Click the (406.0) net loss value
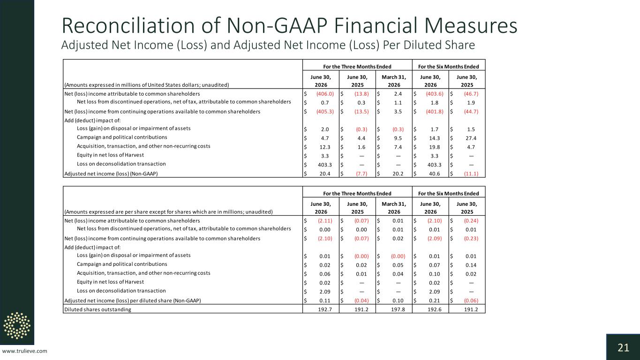click(x=325, y=94)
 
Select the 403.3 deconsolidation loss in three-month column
click(x=325, y=165)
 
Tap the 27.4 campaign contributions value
click(x=471, y=138)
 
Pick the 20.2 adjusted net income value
click(x=398, y=174)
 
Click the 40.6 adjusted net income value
click(x=434, y=174)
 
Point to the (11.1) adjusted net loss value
click(x=471, y=174)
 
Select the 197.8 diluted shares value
click(x=398, y=309)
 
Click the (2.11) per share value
click(x=325, y=221)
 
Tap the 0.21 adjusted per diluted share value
click(x=434, y=300)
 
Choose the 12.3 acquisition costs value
click(x=325, y=147)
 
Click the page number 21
click(x=623, y=348)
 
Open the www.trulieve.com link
click(x=24, y=351)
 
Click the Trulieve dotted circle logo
click(x=17, y=326)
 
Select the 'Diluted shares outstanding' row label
click(x=98, y=309)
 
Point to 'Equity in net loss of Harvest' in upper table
click(x=110, y=155)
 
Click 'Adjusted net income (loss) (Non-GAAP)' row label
click(x=111, y=174)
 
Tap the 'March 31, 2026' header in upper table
click(x=394, y=81)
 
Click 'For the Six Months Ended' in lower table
click(x=449, y=194)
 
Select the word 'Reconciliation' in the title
click(x=128, y=26)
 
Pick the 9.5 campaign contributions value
click(x=398, y=138)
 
